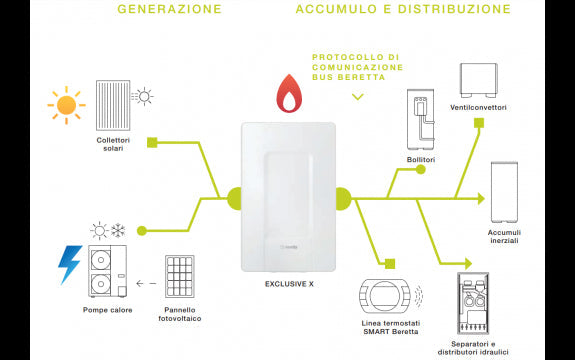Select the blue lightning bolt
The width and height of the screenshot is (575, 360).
[x=69, y=264]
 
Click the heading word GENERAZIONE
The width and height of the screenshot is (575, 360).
[x=169, y=9]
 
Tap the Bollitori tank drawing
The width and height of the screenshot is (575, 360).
[x=420, y=119]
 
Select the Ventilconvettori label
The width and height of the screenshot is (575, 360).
[x=481, y=107]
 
